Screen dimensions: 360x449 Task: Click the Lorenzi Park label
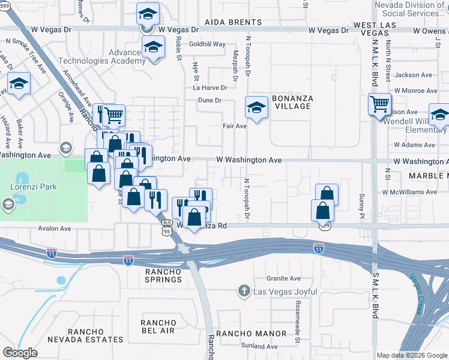coord(34,187)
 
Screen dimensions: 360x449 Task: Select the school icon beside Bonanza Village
coord(256,109)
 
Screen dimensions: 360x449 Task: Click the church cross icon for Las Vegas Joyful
coord(244,292)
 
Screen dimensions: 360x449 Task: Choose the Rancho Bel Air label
coord(158,326)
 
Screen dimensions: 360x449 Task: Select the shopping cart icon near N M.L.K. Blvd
coord(379,104)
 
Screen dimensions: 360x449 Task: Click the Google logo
coord(20,353)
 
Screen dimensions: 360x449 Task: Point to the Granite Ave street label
coord(283,278)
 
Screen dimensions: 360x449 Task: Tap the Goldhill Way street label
coord(207,44)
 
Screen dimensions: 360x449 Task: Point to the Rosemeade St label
coord(297,323)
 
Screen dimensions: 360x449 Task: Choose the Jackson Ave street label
coord(414,75)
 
